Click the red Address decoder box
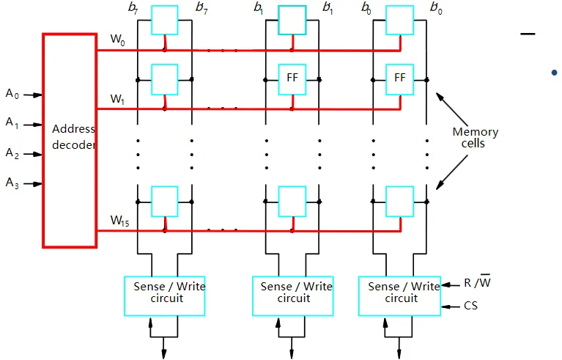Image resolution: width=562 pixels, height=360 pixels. point(70,139)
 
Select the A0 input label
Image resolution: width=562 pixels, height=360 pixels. point(12,93)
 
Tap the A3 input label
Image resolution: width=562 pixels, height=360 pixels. point(12,183)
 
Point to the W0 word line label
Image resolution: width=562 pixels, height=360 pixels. point(117,39)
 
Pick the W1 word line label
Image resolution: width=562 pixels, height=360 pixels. point(117,98)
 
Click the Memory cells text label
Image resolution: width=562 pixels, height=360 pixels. point(475,138)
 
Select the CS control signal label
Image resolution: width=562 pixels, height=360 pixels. point(470,306)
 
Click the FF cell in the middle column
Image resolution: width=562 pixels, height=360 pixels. point(292,78)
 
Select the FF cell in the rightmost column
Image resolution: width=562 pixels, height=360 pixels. point(400,78)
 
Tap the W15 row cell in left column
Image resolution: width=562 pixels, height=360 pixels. point(165,201)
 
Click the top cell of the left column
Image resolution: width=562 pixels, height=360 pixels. point(165,20)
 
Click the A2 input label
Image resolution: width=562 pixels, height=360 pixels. point(12,153)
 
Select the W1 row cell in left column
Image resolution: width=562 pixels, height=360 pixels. point(165,78)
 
